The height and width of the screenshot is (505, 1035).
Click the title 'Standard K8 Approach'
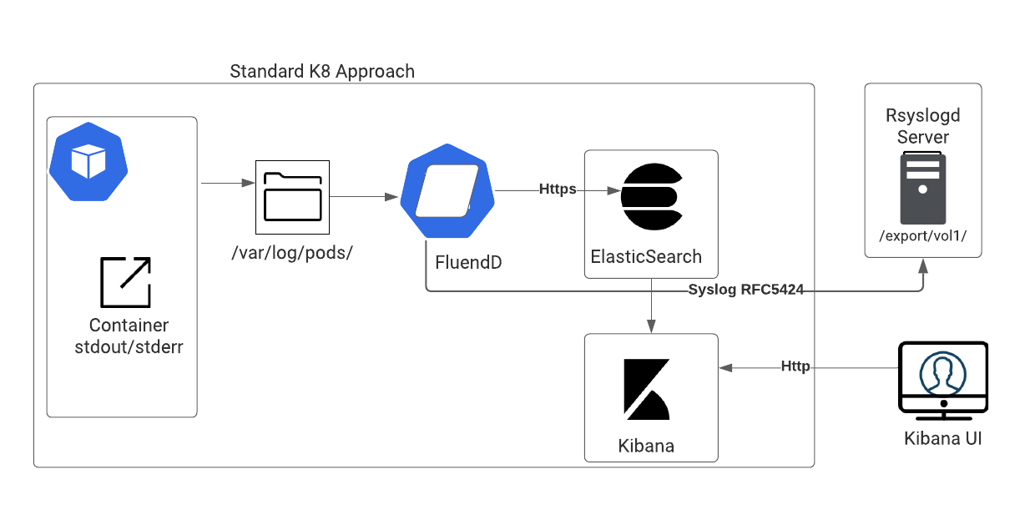tap(322, 72)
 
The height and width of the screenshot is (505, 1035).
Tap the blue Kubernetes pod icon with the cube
tap(88, 162)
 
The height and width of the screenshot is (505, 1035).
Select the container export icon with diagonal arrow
tap(126, 282)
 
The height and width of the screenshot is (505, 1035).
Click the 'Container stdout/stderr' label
tap(129, 336)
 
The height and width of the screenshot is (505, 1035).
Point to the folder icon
tap(292, 197)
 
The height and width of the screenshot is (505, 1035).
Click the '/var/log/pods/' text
tap(292, 253)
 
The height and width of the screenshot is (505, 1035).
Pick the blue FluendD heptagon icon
tap(447, 191)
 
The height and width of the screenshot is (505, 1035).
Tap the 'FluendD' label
tap(468, 262)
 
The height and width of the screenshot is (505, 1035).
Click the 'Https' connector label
tap(558, 189)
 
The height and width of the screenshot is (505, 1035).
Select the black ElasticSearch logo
tap(652, 196)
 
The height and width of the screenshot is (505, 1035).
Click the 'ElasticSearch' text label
tap(646, 257)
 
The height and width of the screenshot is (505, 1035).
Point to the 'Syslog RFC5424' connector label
tap(745, 290)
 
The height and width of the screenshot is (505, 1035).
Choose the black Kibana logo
tap(646, 390)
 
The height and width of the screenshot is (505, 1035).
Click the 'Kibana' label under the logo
tap(646, 446)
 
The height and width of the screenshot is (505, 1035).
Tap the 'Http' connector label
tap(795, 366)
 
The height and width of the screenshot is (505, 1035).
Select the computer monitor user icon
tap(943, 381)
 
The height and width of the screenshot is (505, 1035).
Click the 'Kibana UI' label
tap(942, 438)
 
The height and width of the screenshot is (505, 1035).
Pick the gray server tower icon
tap(922, 188)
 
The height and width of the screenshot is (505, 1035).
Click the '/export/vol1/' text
tap(922, 236)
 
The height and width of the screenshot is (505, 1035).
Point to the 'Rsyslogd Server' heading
tap(922, 126)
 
